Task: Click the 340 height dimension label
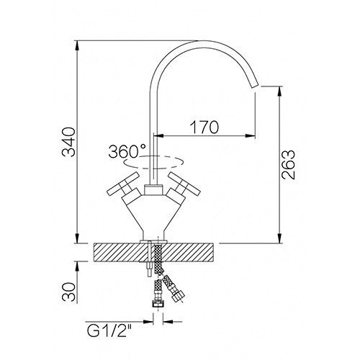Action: click(x=68, y=142)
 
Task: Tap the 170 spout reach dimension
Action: click(x=204, y=127)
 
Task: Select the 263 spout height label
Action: click(x=288, y=165)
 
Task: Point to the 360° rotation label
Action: click(x=127, y=151)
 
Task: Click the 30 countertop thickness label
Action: click(x=68, y=292)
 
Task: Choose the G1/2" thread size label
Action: click(x=109, y=331)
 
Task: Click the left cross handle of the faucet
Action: click(x=123, y=184)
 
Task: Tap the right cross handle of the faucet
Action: click(x=184, y=184)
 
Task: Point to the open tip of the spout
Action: click(x=254, y=86)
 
